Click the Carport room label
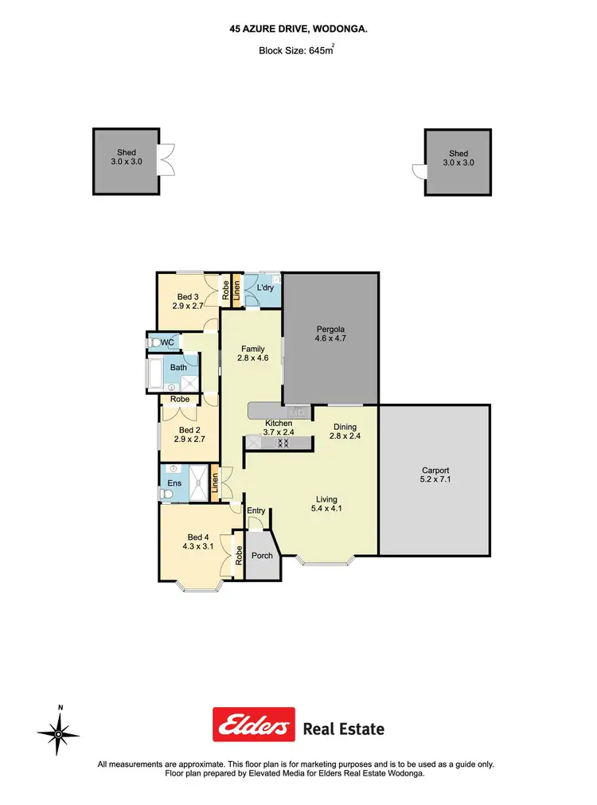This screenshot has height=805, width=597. [x=435, y=475]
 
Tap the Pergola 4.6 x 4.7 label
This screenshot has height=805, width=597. [x=330, y=334]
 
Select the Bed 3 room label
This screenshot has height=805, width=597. [x=189, y=301]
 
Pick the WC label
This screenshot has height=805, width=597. [x=168, y=342]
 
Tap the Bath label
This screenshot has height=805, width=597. [x=179, y=367]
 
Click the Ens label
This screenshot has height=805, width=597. [x=174, y=483]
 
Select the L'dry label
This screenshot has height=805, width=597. [x=265, y=287]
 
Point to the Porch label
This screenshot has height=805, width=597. [x=263, y=556]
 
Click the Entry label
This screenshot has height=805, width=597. [x=256, y=510]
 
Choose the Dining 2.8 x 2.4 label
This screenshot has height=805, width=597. [x=345, y=432]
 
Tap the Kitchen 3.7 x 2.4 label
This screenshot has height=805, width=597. [x=279, y=428]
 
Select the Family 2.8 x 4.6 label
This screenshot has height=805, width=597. [x=252, y=354]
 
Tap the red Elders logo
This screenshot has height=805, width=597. [x=253, y=725]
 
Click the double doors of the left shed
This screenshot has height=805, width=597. [x=166, y=161]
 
